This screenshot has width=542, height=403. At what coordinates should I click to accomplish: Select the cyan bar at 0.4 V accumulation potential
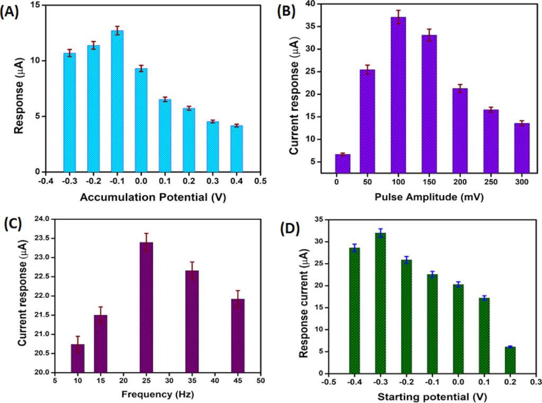pos(237,149)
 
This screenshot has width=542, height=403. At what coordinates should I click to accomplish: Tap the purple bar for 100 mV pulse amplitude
pos(399,95)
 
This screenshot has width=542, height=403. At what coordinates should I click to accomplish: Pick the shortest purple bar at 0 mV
pos(342,163)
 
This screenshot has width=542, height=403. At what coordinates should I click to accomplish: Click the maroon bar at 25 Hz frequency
pos(146,307)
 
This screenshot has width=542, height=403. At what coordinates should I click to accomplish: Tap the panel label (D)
pos(288,228)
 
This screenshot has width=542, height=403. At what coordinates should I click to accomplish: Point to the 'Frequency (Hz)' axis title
pos(148,394)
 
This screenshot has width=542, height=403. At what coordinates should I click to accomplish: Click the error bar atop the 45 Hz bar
pos(237,295)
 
